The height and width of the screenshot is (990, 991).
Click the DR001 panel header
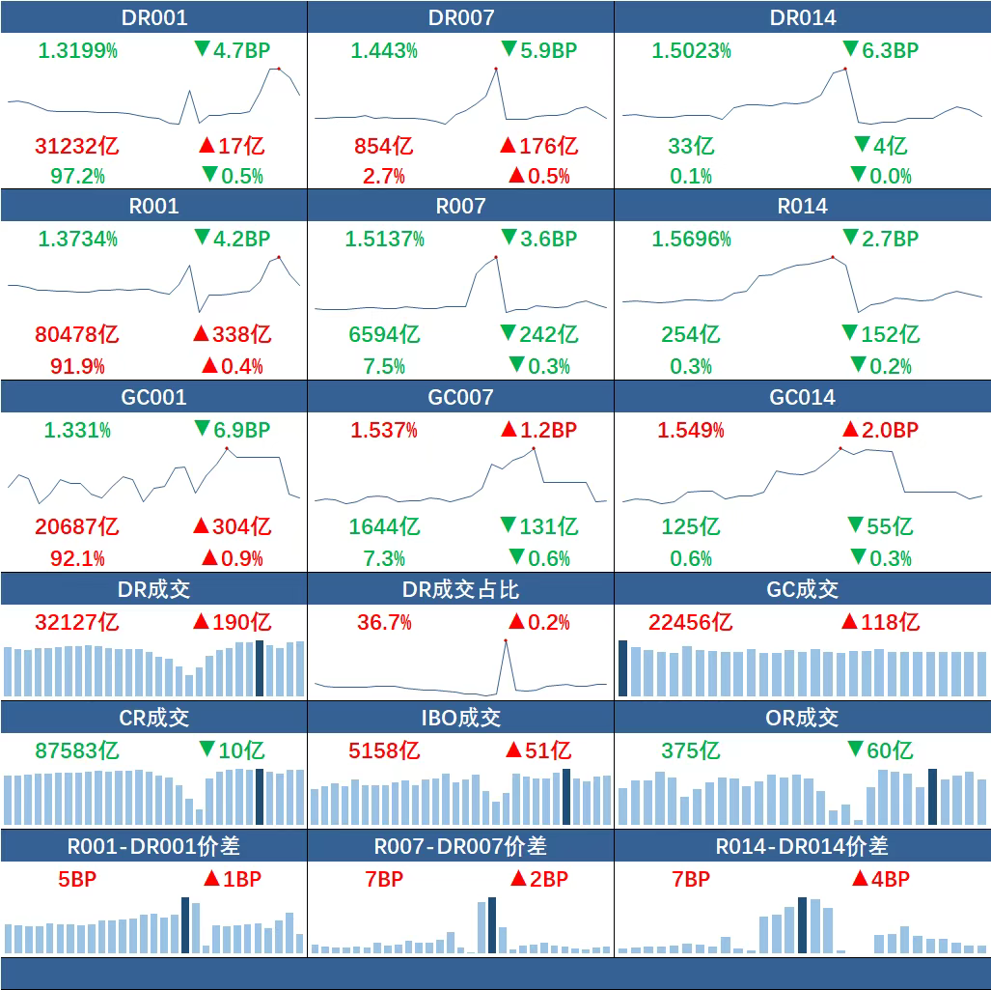point(154,17)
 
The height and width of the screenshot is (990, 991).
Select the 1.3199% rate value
point(77,50)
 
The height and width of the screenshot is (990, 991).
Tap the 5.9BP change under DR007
point(538,50)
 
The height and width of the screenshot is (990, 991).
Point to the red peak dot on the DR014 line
point(845,69)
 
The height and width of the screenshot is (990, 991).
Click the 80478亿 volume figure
point(77,335)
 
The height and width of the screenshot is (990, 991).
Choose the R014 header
point(802,206)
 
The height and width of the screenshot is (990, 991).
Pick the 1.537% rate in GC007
point(384,431)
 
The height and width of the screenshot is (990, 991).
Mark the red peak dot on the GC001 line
point(227,448)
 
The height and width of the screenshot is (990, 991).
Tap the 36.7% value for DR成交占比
point(384,622)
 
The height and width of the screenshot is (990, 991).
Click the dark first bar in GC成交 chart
point(623,668)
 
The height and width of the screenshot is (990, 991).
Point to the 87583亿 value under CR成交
point(77,750)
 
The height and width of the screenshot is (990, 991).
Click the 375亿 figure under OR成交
point(691,750)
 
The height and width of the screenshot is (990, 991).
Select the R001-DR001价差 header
point(154,846)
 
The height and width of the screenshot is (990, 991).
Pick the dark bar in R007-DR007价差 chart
point(492,925)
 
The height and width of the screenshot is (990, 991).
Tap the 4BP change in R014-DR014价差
point(880,879)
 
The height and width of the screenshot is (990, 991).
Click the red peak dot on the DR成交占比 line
point(505,640)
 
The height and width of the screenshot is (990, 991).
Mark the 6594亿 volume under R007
point(384,335)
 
